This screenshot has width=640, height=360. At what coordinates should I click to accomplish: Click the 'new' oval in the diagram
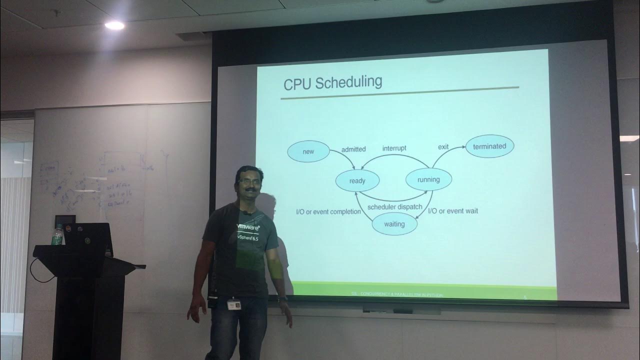[308, 151]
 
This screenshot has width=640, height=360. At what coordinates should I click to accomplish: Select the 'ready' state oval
[357, 181]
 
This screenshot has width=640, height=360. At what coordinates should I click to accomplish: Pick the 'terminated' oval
[489, 146]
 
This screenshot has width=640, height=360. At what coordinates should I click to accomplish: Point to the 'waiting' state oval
[394, 224]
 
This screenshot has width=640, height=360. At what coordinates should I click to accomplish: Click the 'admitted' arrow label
[353, 149]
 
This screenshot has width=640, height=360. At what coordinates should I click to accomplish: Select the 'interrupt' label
[394, 148]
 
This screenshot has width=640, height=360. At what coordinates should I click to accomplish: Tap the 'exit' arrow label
[443, 147]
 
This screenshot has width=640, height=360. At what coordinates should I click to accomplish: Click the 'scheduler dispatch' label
[394, 207]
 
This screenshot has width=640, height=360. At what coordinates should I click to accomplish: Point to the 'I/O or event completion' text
[328, 211]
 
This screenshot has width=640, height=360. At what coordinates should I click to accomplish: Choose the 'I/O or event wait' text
[453, 211]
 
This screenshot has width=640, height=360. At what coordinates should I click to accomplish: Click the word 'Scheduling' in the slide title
[350, 82]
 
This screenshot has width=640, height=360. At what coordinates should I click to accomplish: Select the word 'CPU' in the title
[298, 83]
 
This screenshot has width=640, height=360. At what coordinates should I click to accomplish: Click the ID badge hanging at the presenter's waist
[232, 303]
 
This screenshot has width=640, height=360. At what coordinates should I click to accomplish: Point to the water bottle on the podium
[58, 235]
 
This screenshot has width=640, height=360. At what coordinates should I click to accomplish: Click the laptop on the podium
[88, 239]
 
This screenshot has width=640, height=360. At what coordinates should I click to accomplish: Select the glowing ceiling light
[114, 25]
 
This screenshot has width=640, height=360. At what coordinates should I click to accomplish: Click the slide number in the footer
[525, 297]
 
